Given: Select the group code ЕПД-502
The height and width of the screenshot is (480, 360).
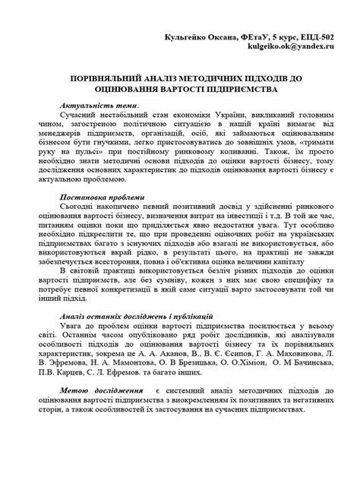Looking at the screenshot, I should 312,36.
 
